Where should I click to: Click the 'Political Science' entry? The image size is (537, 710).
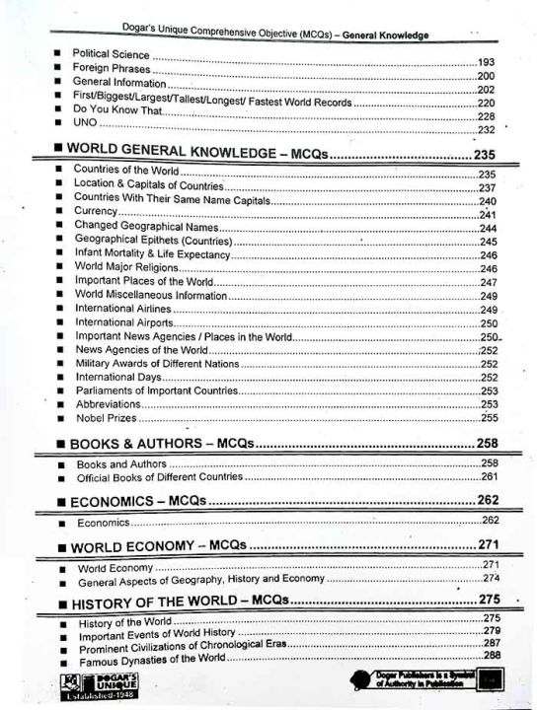click(110, 52)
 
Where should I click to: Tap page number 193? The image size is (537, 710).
click(485, 62)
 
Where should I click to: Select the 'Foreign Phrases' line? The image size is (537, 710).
click(110, 68)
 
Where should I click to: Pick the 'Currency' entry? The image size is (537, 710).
click(96, 211)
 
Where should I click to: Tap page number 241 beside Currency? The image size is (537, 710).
click(487, 214)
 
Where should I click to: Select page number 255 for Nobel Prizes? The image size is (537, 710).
click(489, 418)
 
